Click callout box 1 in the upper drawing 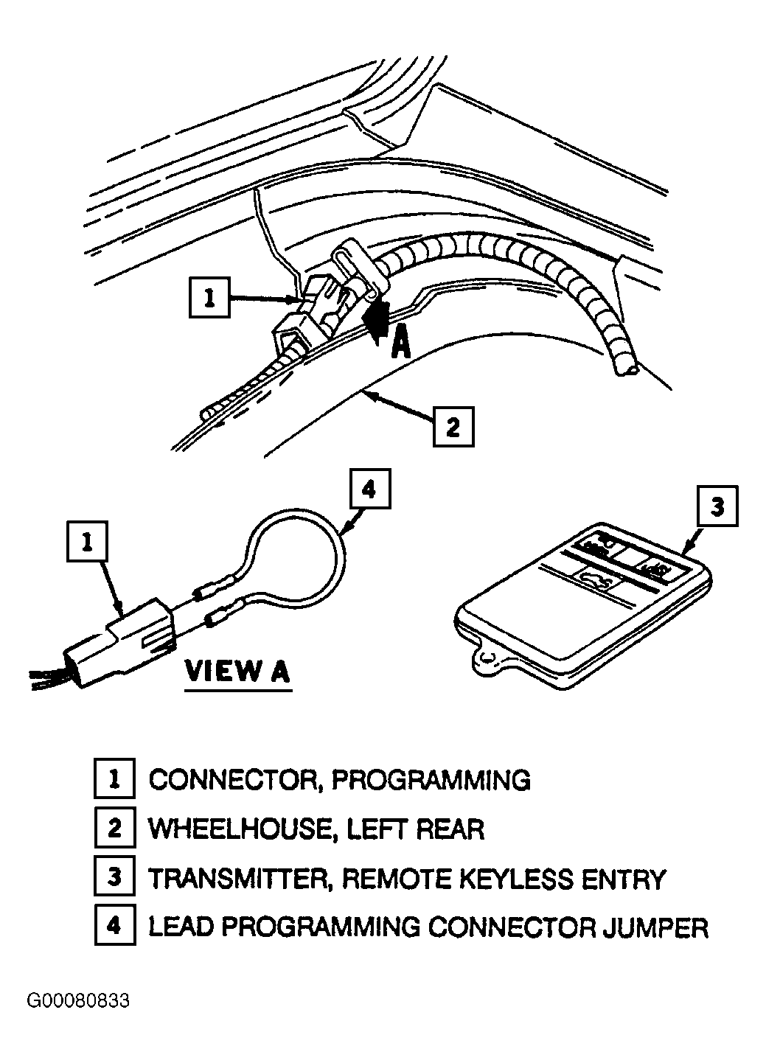click(209, 298)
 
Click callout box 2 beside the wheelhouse click(453, 427)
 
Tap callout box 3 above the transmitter click(717, 506)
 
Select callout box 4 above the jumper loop click(370, 489)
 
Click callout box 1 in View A click(87, 542)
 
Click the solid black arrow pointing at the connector click(376, 317)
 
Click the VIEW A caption click(238, 671)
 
